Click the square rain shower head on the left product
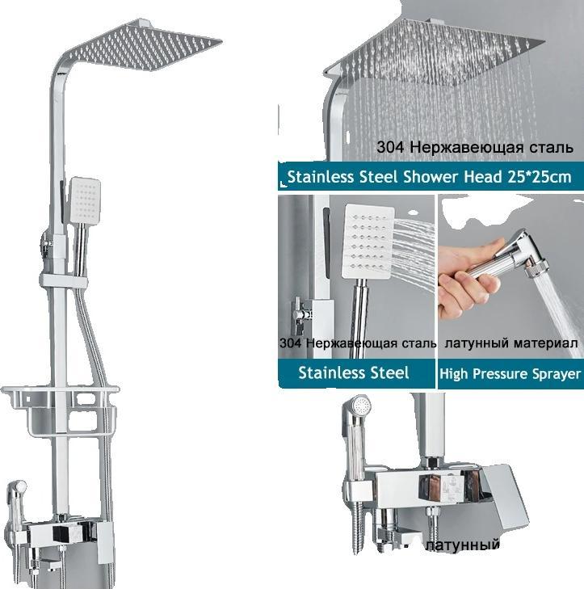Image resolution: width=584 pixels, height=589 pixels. coord(146,45)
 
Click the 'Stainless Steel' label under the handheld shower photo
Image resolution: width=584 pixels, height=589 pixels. coord(354,373)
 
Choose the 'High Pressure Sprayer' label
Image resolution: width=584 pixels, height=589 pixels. coord(510,374)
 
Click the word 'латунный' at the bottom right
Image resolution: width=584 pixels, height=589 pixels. coord(464,545)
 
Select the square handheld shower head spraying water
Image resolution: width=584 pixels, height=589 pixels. coord(368,241)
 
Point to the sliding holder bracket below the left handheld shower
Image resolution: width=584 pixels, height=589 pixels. coord(64,281)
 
